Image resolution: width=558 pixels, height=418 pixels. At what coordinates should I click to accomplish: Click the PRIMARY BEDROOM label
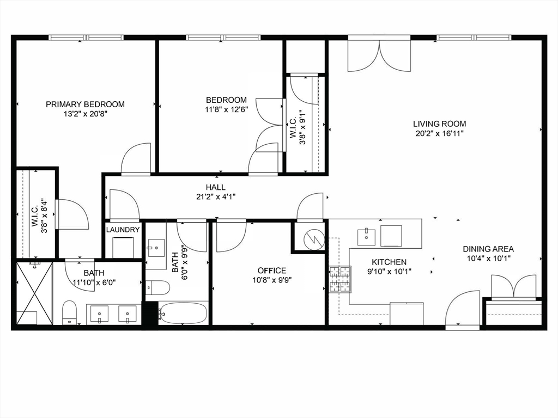click(x=85, y=104)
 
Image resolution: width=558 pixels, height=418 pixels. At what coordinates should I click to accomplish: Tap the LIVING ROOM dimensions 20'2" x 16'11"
click(x=439, y=133)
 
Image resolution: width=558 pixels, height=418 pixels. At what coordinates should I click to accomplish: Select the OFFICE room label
click(x=272, y=271)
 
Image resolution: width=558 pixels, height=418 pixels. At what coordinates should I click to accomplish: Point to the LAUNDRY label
click(x=123, y=230)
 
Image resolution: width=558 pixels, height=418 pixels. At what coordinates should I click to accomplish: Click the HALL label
click(x=216, y=187)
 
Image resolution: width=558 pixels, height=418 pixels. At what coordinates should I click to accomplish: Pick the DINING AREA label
click(x=488, y=249)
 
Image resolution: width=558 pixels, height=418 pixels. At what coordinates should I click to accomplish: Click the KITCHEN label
click(x=389, y=262)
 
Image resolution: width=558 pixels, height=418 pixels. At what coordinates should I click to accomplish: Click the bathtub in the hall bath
click(x=183, y=313)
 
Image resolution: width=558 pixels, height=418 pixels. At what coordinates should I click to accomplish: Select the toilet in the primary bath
click(x=69, y=312)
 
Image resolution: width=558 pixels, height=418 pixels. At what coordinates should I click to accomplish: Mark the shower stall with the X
click(x=34, y=293)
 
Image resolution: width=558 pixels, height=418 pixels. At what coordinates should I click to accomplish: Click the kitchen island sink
click(x=366, y=236)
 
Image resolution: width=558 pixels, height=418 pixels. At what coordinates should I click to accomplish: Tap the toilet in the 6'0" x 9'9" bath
click(x=157, y=286)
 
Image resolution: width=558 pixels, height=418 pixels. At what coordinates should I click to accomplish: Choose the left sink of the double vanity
click(x=99, y=314)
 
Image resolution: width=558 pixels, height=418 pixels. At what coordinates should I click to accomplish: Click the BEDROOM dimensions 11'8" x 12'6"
click(x=226, y=109)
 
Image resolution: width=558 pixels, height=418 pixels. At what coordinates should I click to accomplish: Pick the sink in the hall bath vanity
click(x=156, y=247)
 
